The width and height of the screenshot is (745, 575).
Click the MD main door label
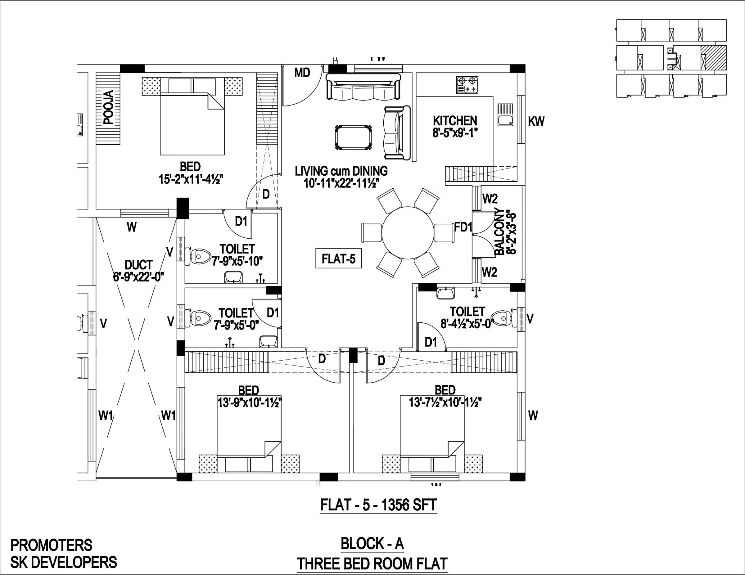pyautogui.click(x=302, y=73)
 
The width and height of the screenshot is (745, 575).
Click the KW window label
pyautogui.click(x=536, y=121)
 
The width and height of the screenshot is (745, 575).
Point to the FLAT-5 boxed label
pyautogui.click(x=338, y=258)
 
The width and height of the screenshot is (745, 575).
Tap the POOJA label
pyautogui.click(x=109, y=107)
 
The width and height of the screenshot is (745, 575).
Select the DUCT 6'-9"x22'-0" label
pyautogui.click(x=138, y=271)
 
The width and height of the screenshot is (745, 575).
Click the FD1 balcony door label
pyautogui.click(x=463, y=227)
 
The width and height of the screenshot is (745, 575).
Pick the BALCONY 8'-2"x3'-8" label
pyautogui.click(x=505, y=231)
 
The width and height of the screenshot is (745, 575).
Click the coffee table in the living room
pyautogui.click(x=353, y=137)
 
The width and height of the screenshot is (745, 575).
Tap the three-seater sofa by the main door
pyautogui.click(x=363, y=87)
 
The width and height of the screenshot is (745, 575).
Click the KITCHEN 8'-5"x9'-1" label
pyautogui.click(x=455, y=127)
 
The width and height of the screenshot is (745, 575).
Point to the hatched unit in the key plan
pyautogui.click(x=713, y=58)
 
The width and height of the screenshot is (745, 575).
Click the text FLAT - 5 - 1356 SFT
pyautogui.click(x=378, y=505)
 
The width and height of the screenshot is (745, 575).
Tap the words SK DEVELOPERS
pyautogui.click(x=64, y=562)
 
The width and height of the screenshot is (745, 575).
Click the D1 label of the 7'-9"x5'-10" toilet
pyautogui.click(x=241, y=221)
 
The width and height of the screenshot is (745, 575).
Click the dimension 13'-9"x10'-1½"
pyautogui.click(x=249, y=403)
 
